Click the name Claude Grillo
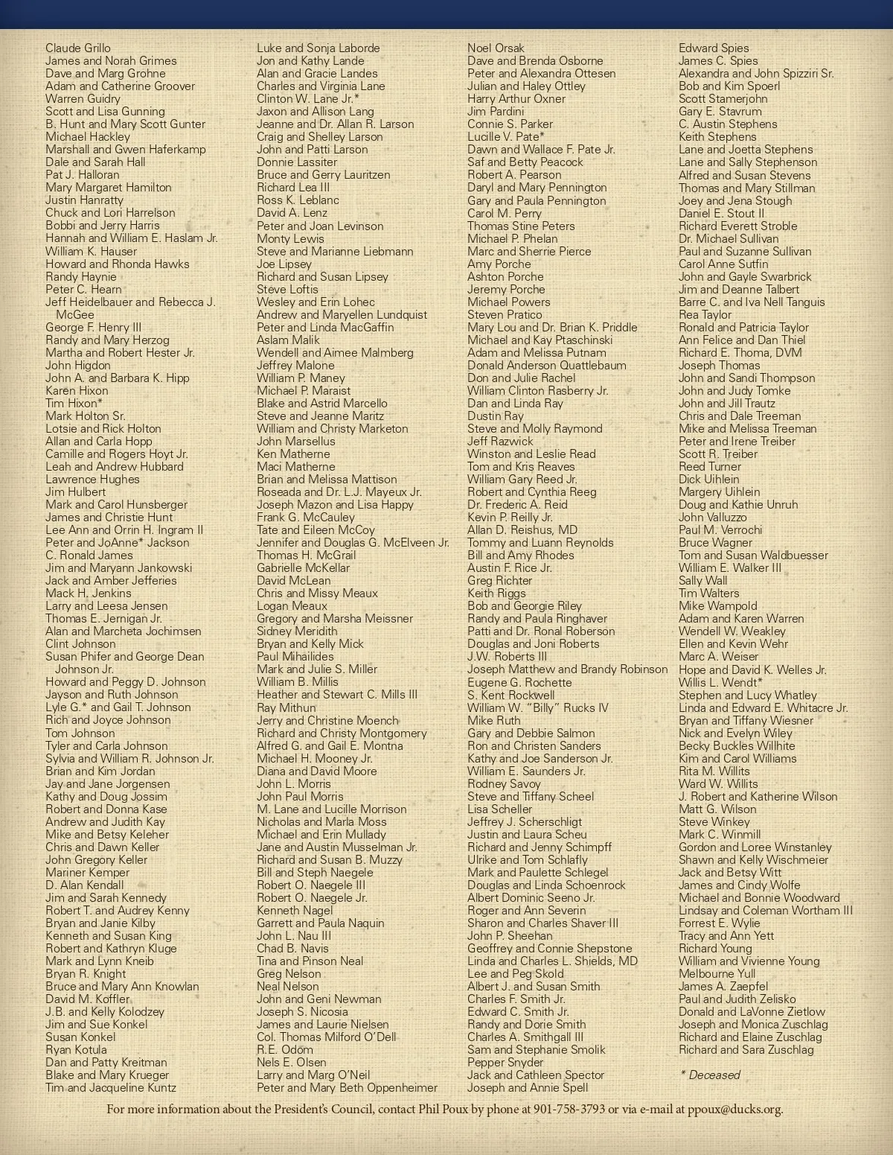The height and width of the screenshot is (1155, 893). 78,48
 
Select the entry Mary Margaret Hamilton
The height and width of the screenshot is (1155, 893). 109,187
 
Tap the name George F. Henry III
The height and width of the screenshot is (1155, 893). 93,327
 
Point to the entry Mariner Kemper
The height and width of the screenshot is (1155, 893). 87,872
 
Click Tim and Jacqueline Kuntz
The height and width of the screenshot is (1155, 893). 111,1087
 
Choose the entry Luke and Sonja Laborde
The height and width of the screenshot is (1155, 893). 319,48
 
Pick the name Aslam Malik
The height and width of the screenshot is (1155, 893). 288,340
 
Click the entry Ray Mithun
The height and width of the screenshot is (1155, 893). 287,707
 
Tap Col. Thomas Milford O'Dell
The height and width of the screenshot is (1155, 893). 327,1037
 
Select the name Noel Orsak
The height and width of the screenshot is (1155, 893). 496,48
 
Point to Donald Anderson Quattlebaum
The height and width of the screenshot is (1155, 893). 547,365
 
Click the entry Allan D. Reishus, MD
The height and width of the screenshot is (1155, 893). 522,529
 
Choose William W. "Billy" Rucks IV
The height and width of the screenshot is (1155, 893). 538,707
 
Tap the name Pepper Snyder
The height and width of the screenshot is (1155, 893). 505,1062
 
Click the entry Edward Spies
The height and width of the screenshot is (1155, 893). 714,48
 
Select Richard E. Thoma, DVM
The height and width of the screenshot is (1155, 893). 740,352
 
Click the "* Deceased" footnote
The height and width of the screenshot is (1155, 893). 710,1075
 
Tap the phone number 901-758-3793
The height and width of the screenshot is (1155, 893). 569,1109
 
